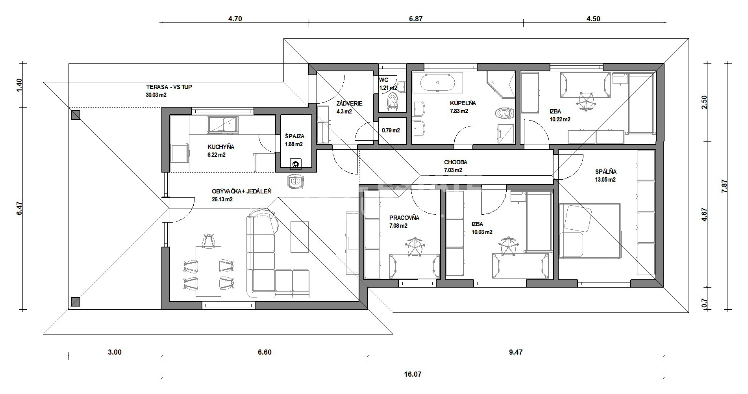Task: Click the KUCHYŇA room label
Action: [221, 147]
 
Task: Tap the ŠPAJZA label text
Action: [295, 136]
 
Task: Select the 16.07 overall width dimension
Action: [413, 374]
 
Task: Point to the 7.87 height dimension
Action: [724, 186]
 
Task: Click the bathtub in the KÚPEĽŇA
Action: [438, 83]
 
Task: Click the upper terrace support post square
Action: [76, 115]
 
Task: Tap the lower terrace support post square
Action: [76, 302]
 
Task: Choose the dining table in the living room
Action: [208, 271]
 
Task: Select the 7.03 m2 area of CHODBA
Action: [453, 171]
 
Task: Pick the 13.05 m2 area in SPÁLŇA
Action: [605, 180]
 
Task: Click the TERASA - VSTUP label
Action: [169, 87]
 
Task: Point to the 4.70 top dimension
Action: [235, 19]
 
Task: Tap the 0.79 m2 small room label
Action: [391, 130]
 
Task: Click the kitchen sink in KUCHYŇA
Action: [223, 124]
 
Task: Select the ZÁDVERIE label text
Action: [349, 104]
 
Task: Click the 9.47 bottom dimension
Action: [516, 352]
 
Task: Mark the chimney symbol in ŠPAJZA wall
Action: [295, 164]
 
